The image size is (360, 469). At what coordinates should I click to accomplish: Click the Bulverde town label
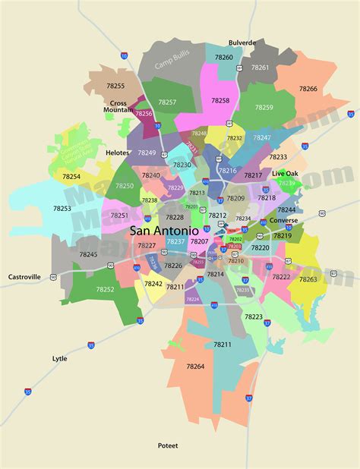(x=242, y=43)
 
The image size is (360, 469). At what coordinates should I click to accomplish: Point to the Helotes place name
(x=118, y=152)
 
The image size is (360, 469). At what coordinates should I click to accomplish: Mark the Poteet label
(x=167, y=445)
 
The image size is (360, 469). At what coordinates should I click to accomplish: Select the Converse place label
(x=283, y=221)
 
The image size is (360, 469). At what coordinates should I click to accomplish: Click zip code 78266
(x=308, y=89)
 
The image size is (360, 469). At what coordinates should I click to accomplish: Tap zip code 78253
(x=62, y=208)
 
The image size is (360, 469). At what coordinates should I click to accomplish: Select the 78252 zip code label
(x=106, y=289)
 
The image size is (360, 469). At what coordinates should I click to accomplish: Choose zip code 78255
(x=116, y=87)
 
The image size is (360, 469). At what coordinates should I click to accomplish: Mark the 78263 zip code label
(x=308, y=279)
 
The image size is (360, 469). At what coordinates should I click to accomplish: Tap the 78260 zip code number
(x=223, y=57)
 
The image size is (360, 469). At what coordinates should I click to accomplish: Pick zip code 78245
(x=88, y=254)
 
